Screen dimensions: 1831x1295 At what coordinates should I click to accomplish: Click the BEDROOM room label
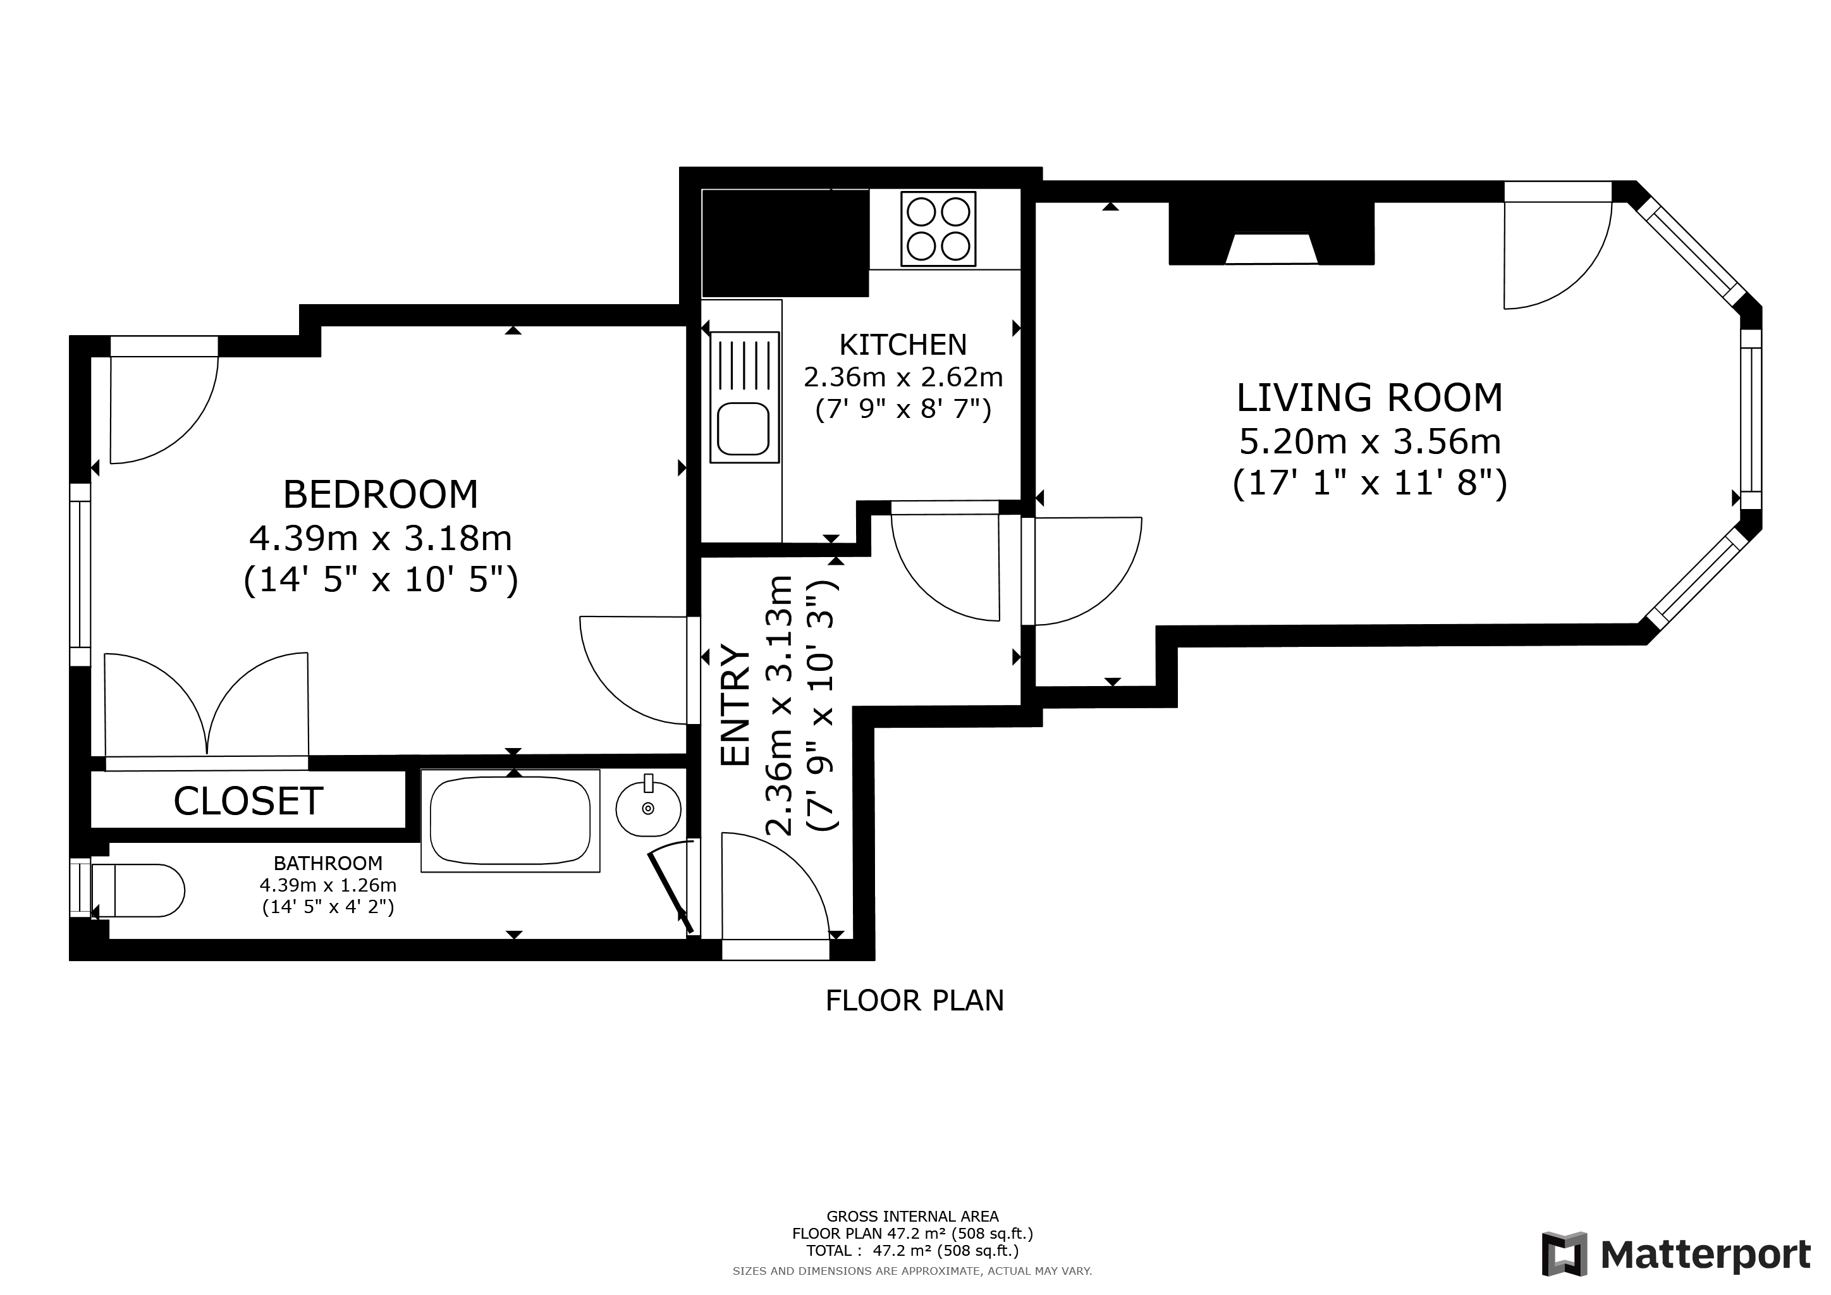click(x=381, y=494)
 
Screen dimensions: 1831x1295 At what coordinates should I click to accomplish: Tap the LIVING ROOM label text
click(x=1369, y=398)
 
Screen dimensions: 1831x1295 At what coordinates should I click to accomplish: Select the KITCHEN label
click(x=903, y=345)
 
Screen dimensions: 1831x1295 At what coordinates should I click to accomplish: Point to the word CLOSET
click(x=248, y=801)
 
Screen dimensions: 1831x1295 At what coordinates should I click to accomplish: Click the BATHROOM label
click(x=328, y=862)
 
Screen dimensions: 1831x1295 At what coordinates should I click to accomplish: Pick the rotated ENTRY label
click(x=735, y=705)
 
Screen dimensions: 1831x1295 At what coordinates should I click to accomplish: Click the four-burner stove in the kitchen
click(x=939, y=229)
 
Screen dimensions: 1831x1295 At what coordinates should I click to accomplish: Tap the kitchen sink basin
click(x=744, y=428)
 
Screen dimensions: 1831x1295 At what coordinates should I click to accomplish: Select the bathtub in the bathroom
click(x=510, y=821)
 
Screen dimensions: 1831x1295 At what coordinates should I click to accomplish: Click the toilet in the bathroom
click(x=138, y=890)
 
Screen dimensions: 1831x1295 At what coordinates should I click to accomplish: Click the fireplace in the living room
click(x=1271, y=233)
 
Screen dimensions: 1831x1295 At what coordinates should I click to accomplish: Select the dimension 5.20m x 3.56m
click(x=1369, y=441)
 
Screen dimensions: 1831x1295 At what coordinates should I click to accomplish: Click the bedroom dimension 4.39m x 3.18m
click(x=381, y=538)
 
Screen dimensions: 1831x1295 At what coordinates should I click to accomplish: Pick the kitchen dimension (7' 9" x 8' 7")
click(x=903, y=409)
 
